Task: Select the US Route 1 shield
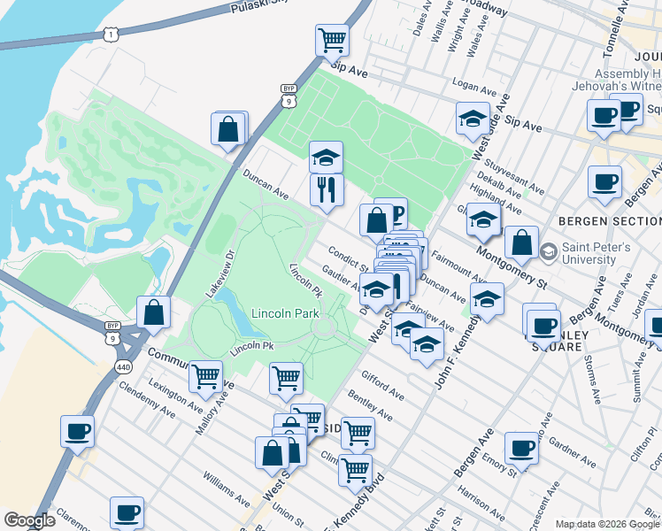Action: tap(110, 34)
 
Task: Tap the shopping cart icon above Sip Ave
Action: tap(332, 39)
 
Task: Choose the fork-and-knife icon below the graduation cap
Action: tap(326, 188)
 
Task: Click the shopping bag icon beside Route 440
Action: tap(154, 312)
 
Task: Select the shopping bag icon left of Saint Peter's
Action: tap(522, 242)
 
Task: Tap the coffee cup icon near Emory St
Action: tap(522, 447)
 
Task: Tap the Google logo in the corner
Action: tap(29, 520)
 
